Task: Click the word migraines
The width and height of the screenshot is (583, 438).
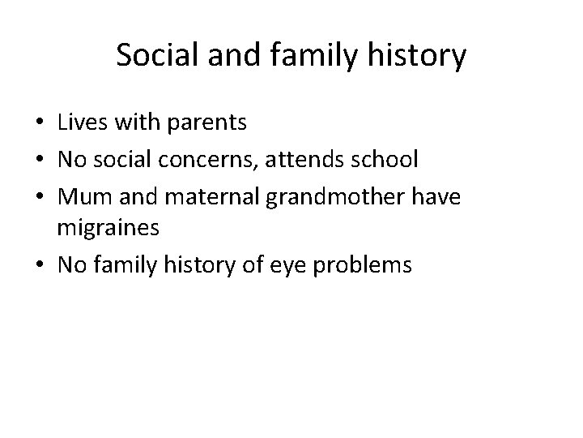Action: [108, 230]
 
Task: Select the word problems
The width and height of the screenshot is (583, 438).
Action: [363, 266]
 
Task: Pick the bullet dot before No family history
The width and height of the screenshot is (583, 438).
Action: [40, 266]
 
